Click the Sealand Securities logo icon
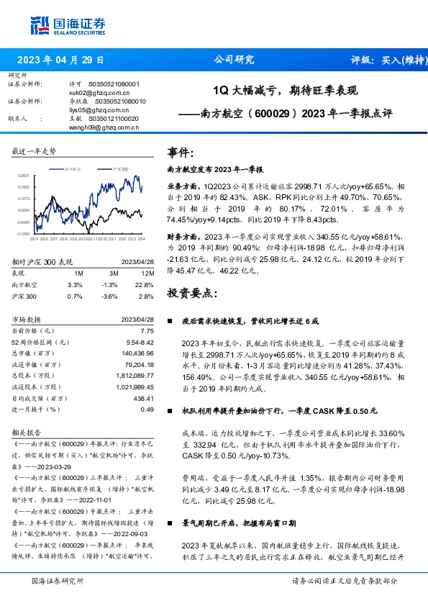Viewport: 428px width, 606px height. pyautogui.click(x=39, y=26)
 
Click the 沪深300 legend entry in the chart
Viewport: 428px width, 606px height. pyautogui.click(x=118, y=168)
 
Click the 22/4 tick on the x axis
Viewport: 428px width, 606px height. pyautogui.click(x=33, y=240)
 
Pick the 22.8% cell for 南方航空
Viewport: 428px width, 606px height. pyautogui.click(x=145, y=285)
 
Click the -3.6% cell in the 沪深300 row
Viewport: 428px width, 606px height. pyautogui.click(x=109, y=296)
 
